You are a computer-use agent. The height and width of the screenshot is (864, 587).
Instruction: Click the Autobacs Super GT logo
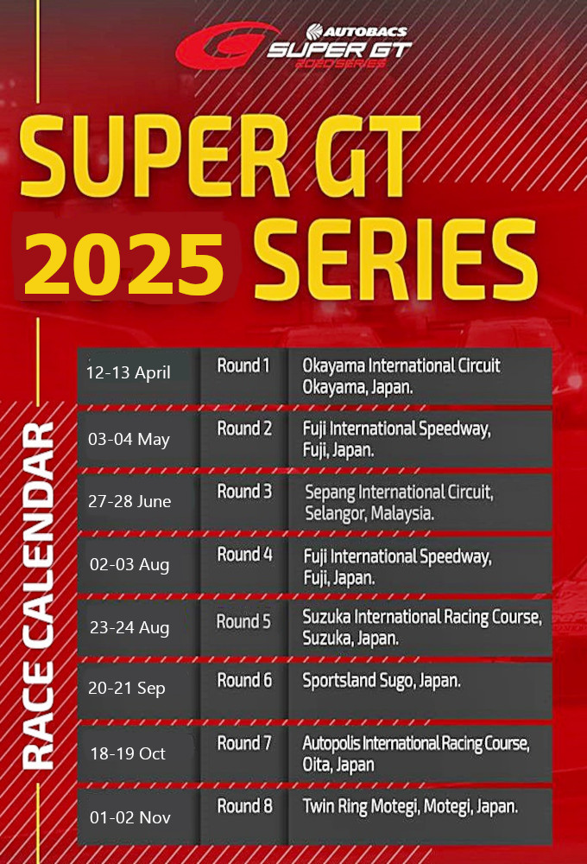(x=293, y=46)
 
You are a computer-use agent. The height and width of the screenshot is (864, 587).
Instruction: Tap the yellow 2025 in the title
(x=124, y=264)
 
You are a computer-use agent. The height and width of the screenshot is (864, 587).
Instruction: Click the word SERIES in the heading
(x=395, y=259)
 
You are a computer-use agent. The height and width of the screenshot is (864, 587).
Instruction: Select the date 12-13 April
(x=129, y=373)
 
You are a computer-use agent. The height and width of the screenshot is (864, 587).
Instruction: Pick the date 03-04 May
(x=129, y=439)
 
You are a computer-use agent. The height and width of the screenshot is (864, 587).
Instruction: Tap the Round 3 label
(x=244, y=491)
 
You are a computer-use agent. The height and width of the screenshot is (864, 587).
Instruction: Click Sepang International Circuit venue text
(x=399, y=503)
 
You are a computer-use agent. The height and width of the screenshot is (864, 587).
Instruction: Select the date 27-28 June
(x=129, y=501)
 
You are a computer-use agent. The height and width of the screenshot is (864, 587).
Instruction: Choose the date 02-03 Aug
(x=129, y=565)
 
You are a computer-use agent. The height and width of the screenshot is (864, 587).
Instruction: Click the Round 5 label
(x=243, y=621)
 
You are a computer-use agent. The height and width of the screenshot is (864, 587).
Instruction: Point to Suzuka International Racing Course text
(x=422, y=627)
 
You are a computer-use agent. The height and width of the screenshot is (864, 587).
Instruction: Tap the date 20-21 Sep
(x=127, y=689)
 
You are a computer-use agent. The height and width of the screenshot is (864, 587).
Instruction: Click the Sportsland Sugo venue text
(x=382, y=681)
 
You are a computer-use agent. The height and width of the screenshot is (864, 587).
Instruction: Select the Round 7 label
(x=244, y=743)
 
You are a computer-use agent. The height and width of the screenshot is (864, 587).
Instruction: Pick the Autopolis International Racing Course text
(x=416, y=753)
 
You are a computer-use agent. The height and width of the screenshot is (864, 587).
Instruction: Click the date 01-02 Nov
(x=130, y=817)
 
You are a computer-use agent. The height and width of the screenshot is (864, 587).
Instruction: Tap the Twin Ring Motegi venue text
(x=410, y=807)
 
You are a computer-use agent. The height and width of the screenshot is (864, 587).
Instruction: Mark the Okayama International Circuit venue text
(x=401, y=377)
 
